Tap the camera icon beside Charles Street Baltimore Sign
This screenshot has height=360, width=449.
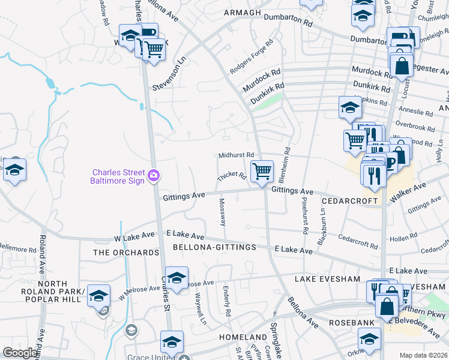(155, 175)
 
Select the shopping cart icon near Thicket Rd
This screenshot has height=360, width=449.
(262, 171)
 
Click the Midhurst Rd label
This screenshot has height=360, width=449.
(237, 155)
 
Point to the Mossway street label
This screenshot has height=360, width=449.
(223, 212)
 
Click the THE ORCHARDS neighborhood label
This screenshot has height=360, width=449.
(126, 253)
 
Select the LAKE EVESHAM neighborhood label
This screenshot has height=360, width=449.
(327, 279)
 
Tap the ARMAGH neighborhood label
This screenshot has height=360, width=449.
(243, 13)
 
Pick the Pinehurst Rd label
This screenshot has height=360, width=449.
(305, 215)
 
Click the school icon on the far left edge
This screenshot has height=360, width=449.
(14, 170)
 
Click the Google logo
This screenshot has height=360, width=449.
(20, 353)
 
